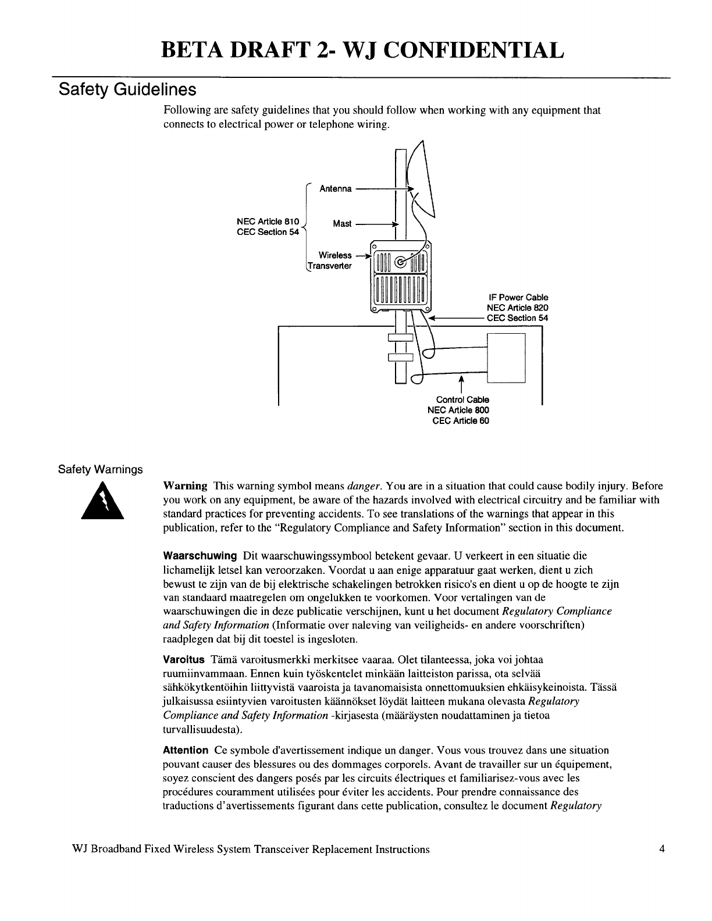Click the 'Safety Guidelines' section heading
coord(128,91)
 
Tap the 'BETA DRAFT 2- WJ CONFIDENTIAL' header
coord(362,50)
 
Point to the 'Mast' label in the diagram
coord(342,224)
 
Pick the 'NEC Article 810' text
coord(268,222)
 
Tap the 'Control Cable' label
coord(462,399)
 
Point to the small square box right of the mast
coord(505,358)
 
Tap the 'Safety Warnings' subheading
coord(100,469)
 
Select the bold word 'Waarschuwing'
coord(200,556)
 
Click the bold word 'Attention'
coord(186,751)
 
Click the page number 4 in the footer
coord(661,849)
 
